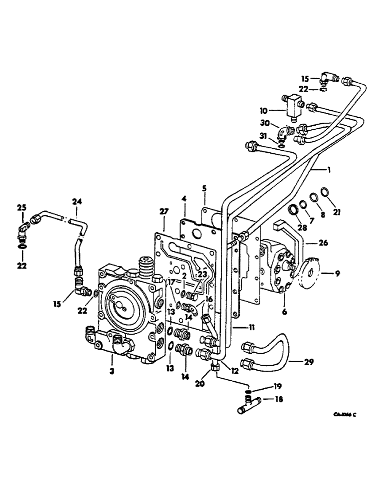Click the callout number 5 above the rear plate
pyautogui.click(x=204, y=189)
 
